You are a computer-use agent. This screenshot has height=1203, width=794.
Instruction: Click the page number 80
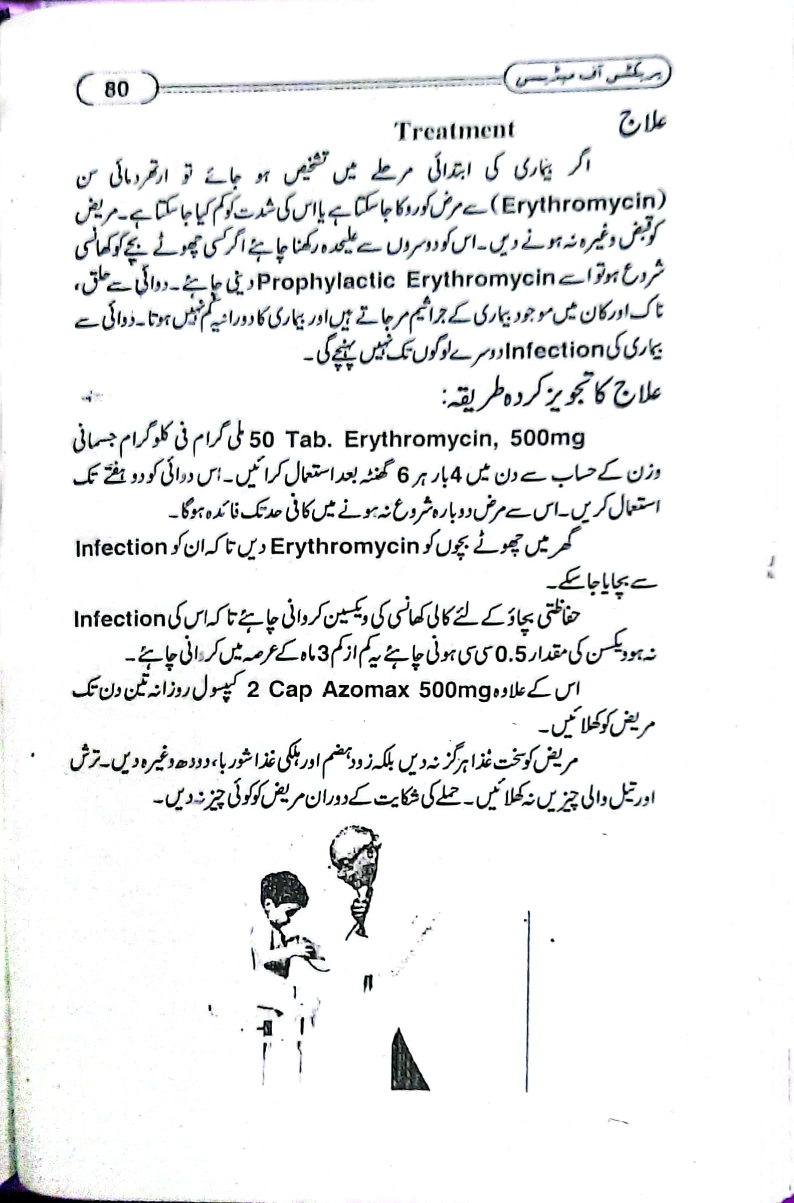(117, 90)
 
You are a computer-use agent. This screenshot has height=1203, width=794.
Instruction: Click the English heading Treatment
(454, 131)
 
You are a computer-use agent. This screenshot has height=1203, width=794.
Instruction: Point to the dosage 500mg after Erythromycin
(547, 439)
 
